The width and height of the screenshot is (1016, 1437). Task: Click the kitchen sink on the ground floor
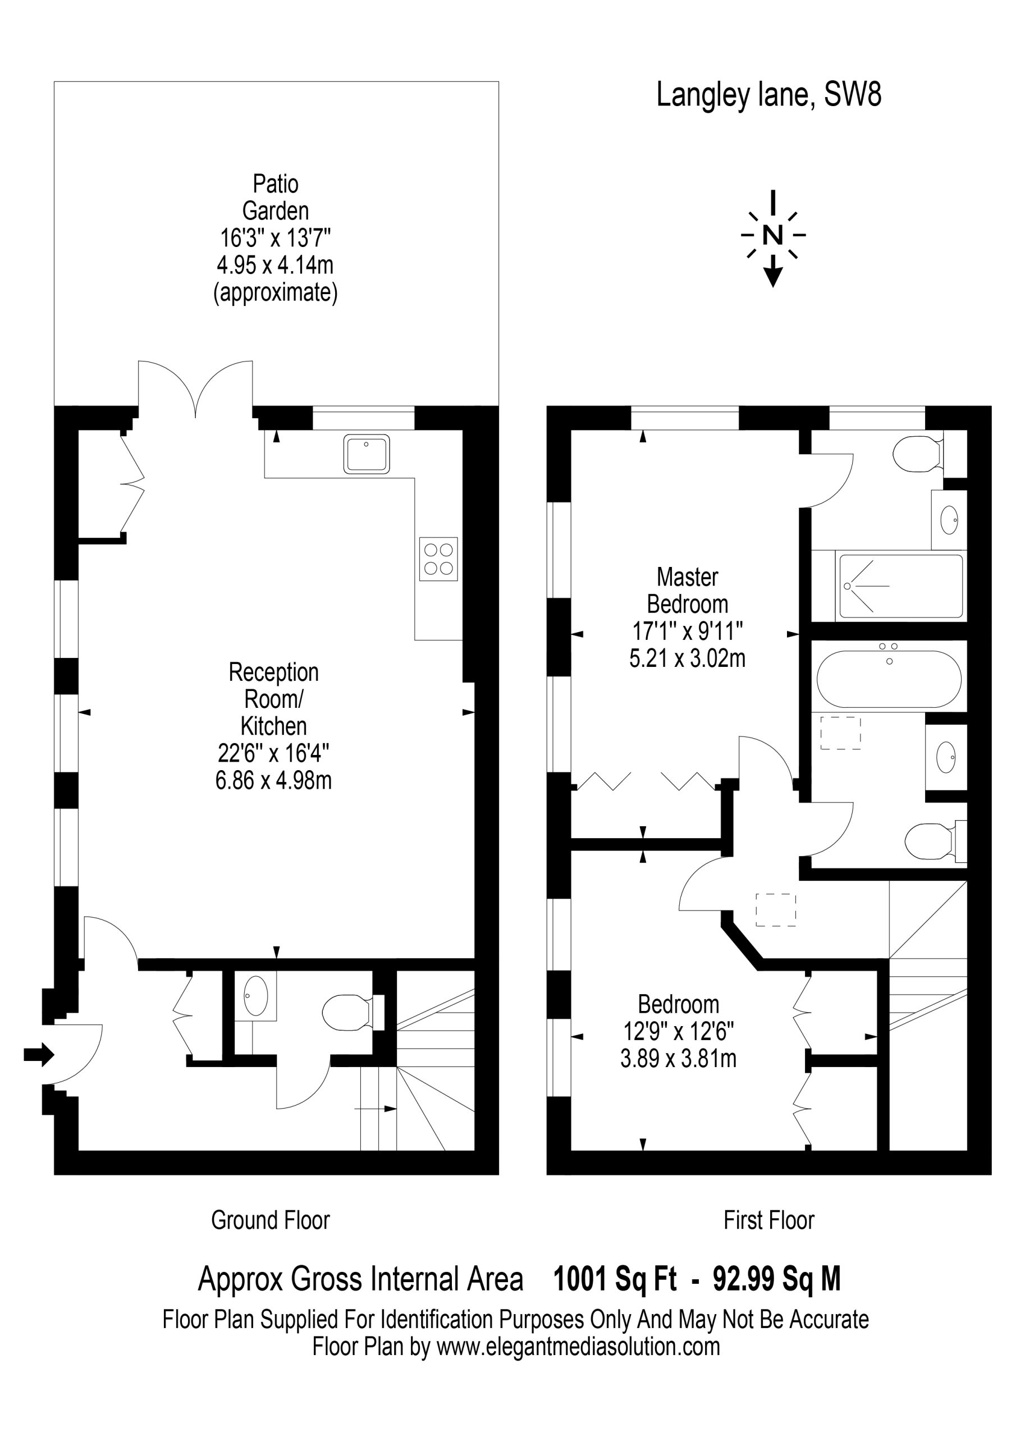point(366,453)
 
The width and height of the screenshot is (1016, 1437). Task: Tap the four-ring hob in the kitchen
point(438,559)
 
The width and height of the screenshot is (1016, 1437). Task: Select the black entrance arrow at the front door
point(39,1055)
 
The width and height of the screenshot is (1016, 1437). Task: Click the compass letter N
point(773,235)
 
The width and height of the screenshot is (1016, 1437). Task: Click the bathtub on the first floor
point(889,679)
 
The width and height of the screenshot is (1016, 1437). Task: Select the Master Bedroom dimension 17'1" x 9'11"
point(688,631)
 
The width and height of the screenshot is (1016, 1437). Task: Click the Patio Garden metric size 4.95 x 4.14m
point(276,266)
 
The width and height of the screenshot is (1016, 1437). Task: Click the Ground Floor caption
point(271,1220)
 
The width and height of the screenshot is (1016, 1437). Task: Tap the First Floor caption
point(768,1220)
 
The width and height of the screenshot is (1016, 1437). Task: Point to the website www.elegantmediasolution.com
point(578,1346)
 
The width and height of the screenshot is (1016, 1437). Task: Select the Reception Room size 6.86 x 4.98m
point(273,780)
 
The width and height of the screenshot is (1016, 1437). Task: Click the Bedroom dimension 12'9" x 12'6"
point(679,1031)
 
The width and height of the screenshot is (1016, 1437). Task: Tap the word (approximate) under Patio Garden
point(276,293)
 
